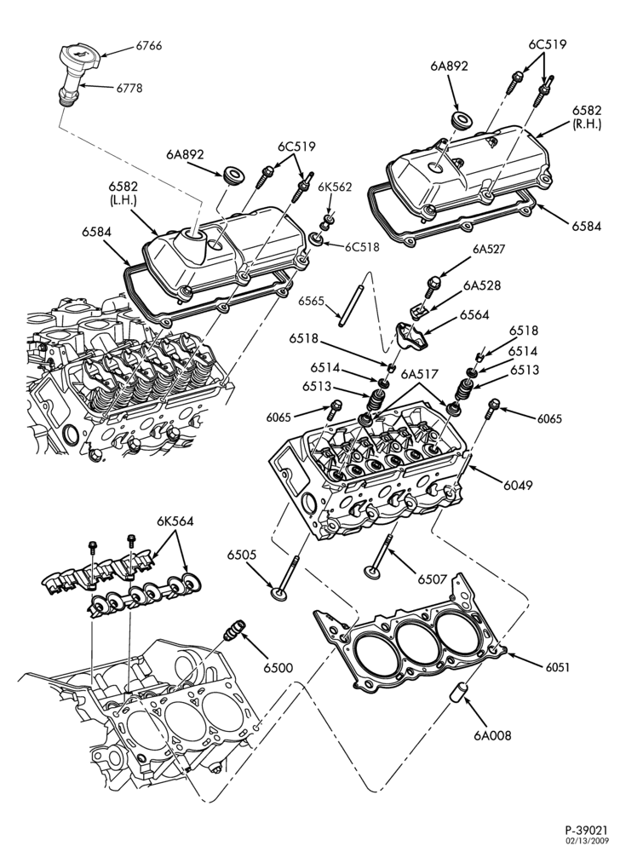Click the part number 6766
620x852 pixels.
tap(149, 46)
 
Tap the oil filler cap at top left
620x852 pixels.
tap(80, 58)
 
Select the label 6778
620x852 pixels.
tap(129, 88)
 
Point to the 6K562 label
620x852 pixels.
tap(335, 187)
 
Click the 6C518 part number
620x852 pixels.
tap(362, 247)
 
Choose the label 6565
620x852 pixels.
tap(311, 301)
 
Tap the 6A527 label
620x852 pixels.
tap(489, 250)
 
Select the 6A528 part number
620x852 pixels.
tap(482, 285)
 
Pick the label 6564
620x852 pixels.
tap(474, 315)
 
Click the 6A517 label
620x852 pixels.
tap(418, 374)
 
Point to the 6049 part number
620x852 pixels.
tap(518, 485)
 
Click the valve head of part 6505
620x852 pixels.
tap(281, 592)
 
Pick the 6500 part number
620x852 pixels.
tap(278, 668)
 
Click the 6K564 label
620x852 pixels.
tap(175, 521)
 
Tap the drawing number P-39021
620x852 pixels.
tap(583, 832)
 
